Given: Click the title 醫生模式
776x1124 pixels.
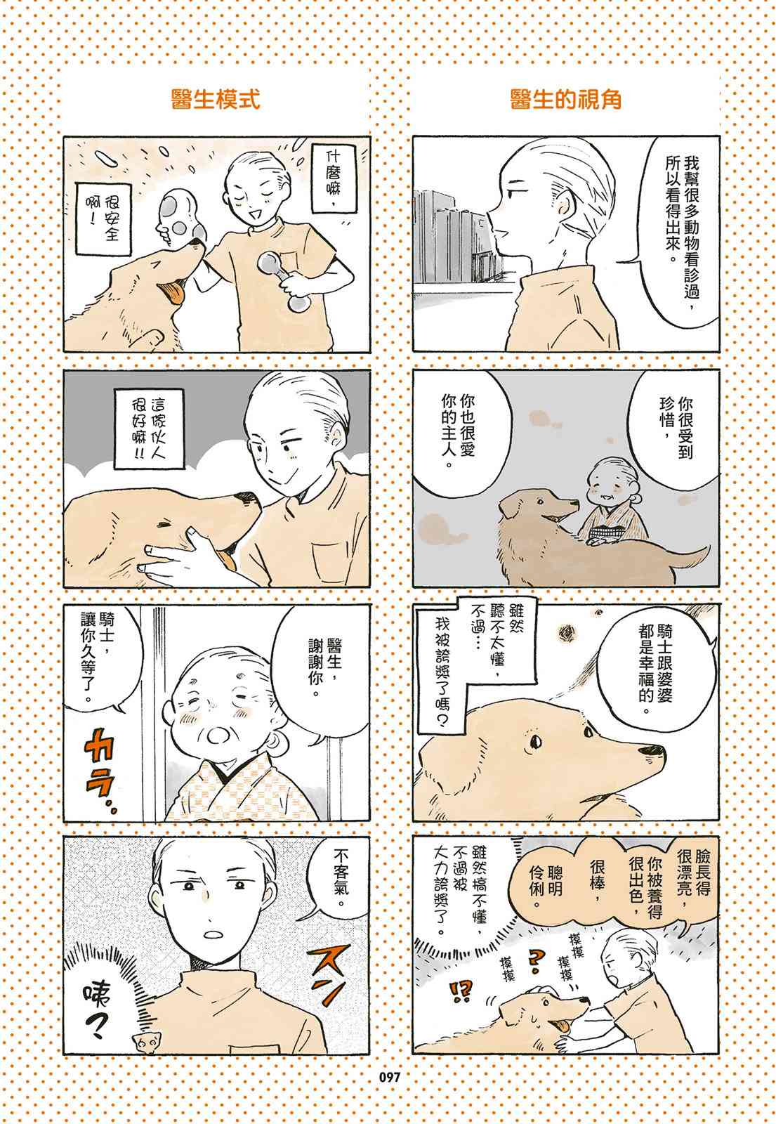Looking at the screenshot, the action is pos(215,99).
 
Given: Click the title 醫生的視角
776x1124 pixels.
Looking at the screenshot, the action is pos(565,99).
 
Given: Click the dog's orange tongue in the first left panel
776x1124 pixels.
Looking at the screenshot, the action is pos(172,293).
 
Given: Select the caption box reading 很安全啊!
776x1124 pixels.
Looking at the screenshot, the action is pos(103,219).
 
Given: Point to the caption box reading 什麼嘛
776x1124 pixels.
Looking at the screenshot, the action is pos(334,178).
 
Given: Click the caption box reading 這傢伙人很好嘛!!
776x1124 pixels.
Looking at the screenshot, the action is pos(149,429).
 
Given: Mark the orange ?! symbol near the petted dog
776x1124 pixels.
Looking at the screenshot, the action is pos(460,991).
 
